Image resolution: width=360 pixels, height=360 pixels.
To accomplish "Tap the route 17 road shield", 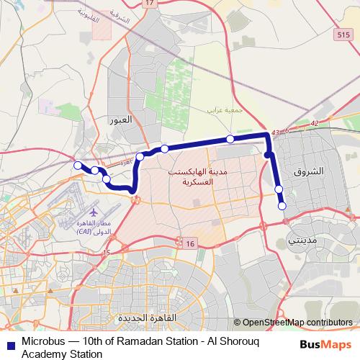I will [x=149, y=4].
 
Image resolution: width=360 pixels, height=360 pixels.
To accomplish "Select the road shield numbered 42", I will [x=314, y=125].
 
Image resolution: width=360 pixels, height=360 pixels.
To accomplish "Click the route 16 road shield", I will [x=190, y=245].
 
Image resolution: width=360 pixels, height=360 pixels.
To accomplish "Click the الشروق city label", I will [x=310, y=173].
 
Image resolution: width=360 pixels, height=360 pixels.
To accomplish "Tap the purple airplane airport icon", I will [x=94, y=212].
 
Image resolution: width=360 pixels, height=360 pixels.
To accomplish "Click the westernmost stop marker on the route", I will [x=78, y=166].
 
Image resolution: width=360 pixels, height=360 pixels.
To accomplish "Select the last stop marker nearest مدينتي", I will [x=282, y=207].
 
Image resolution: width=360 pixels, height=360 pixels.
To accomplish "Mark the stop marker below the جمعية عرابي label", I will [x=230, y=139].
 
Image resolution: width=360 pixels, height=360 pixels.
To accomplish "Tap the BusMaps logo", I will [x=330, y=343].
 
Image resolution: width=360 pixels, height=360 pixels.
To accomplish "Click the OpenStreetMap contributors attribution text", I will [x=297, y=322].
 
